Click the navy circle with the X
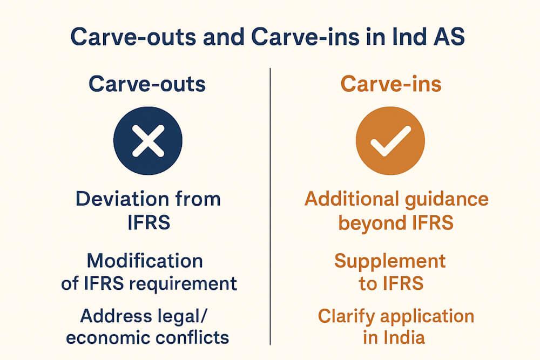(x=148, y=140)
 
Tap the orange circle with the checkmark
(x=390, y=140)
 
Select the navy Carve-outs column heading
(x=147, y=85)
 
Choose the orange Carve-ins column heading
(x=390, y=85)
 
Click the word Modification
(x=145, y=261)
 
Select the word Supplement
(x=390, y=262)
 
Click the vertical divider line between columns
(x=270, y=205)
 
